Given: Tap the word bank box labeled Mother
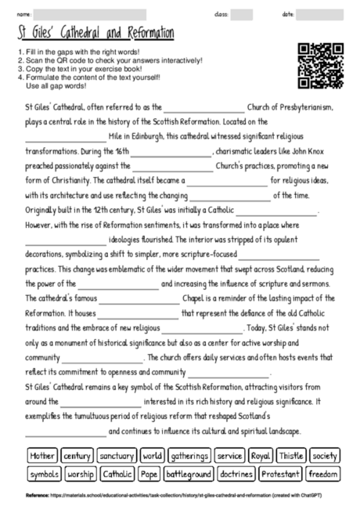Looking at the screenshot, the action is (x=41, y=455).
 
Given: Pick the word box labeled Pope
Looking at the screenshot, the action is (x=149, y=474).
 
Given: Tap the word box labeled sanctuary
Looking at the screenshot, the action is (x=117, y=455).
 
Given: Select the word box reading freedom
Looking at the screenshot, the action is (x=323, y=474).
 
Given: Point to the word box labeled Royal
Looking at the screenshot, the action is (x=260, y=455).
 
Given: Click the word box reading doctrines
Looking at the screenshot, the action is (x=235, y=474).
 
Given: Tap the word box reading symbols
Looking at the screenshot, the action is (x=43, y=474).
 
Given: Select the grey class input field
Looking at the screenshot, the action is (x=241, y=15).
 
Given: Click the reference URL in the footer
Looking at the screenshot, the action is (x=196, y=496).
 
